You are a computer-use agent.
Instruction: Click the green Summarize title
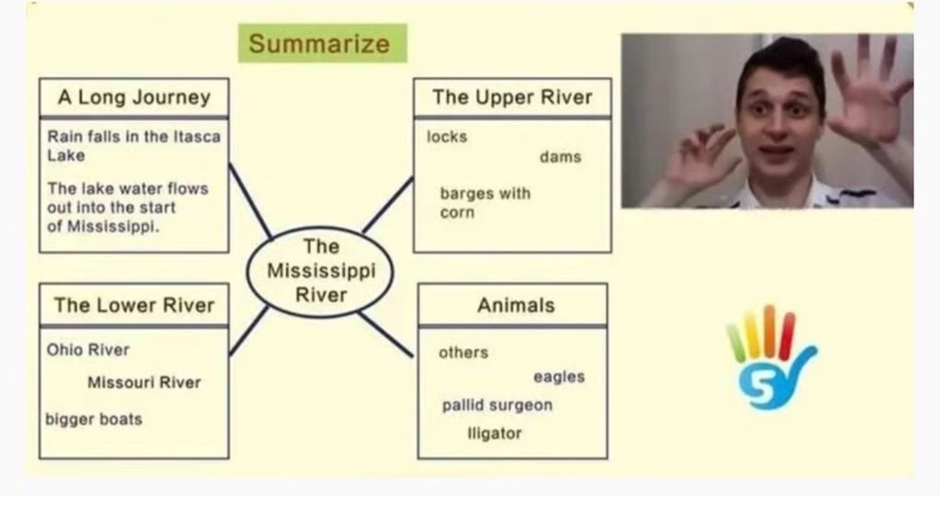tap(319, 43)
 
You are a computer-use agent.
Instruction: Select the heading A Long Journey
tap(134, 97)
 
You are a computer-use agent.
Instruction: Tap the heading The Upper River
tap(512, 97)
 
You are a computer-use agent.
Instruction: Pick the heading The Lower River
tap(134, 305)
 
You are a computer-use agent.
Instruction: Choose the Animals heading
tap(515, 305)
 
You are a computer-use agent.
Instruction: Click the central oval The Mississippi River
tap(320, 271)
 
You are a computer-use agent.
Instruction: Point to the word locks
tap(447, 137)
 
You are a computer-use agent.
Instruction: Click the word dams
tap(560, 157)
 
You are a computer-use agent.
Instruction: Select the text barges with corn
tap(484, 203)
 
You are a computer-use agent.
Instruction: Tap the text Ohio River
tap(88, 350)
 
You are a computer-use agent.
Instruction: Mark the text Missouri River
tap(144, 382)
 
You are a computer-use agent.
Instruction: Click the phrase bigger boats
tap(94, 419)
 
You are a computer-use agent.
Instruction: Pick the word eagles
tap(558, 377)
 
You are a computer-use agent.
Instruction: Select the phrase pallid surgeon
tap(497, 405)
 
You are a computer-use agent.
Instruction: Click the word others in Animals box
tap(464, 353)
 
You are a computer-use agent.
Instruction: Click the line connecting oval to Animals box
tap(386, 334)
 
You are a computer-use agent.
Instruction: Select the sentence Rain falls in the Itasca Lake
tap(134, 146)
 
